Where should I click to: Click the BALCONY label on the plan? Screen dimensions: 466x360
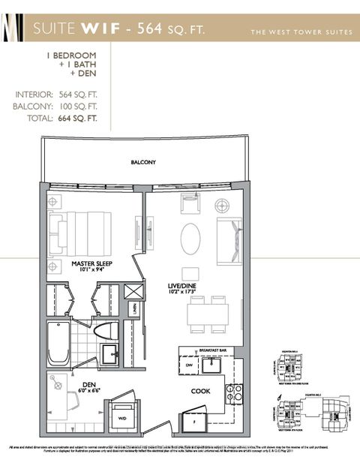[143, 161]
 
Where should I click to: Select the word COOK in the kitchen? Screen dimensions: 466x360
[201, 390]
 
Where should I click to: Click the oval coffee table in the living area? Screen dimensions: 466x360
[190, 239]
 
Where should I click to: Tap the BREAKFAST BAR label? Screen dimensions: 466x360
[214, 349]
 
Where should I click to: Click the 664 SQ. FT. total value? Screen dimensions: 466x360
[79, 118]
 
